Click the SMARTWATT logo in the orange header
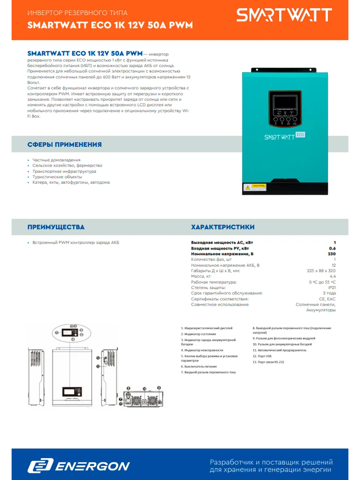coord(284,15)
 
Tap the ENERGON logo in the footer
coord(79,466)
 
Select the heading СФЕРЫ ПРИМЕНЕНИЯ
coord(64,144)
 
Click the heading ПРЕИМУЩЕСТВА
coord(56,227)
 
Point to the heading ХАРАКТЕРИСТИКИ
coord(223,227)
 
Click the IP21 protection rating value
coord(332,288)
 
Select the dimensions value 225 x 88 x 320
coord(321,270)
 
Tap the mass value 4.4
coord(332,276)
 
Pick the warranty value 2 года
coord(329,293)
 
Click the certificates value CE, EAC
coord(328,299)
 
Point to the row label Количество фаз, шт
coord(212,259)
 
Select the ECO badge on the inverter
coord(300,134)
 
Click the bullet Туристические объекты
coord(57,177)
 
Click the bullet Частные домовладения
coord(56,160)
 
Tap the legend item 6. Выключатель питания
coord(199,366)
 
